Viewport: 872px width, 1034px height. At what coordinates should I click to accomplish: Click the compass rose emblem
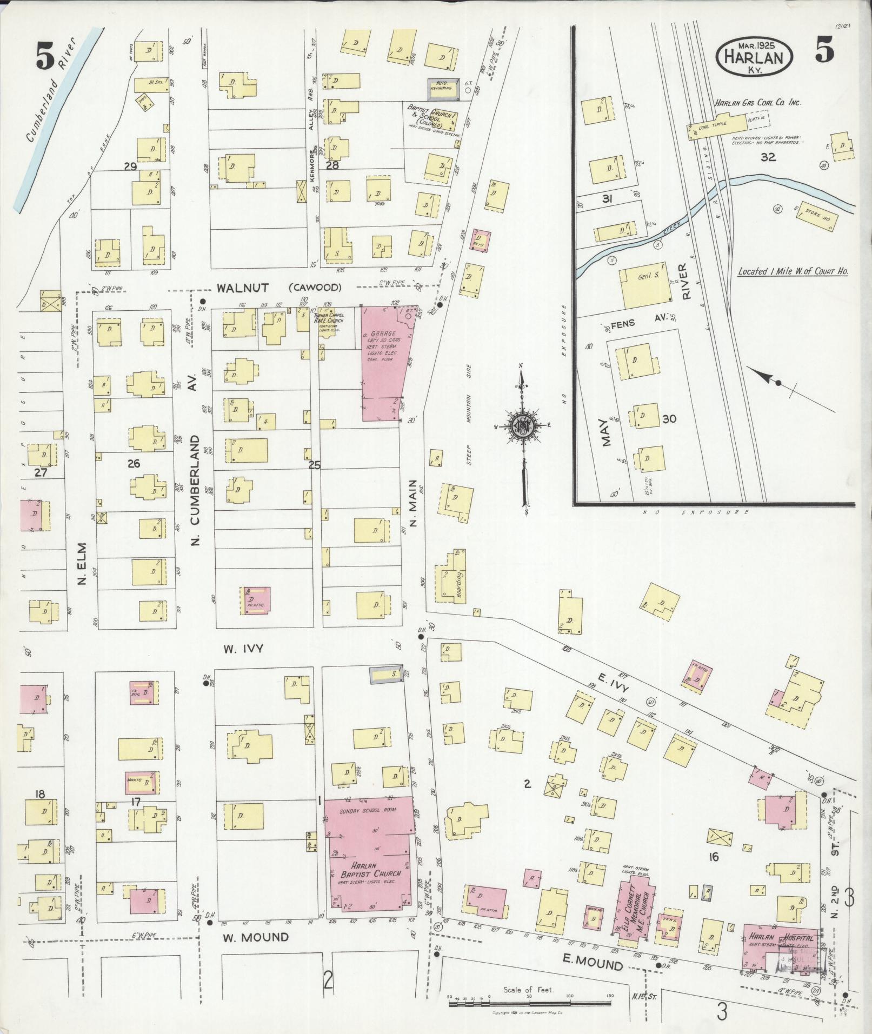(522, 425)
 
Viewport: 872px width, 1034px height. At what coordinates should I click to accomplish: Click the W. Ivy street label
(244, 649)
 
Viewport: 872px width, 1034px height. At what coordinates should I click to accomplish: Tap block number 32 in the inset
(768, 157)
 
